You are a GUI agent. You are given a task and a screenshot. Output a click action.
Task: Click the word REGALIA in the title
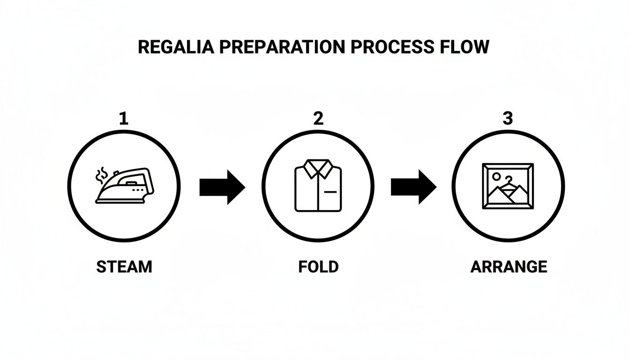click(175, 47)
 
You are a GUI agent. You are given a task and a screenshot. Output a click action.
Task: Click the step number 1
click(123, 119)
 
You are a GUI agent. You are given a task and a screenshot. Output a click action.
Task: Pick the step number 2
click(318, 119)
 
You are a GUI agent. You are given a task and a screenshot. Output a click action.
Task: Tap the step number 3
click(508, 119)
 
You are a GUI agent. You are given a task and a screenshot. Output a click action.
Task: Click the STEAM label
click(124, 267)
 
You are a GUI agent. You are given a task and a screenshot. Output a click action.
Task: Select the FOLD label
click(318, 267)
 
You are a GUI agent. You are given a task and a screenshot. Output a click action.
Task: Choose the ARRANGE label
click(509, 267)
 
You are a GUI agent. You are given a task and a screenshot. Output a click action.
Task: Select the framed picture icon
click(508, 186)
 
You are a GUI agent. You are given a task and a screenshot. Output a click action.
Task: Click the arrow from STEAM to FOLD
click(222, 187)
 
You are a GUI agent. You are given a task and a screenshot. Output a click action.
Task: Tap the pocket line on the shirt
click(330, 192)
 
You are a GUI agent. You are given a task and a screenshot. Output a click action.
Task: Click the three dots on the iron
click(139, 190)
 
